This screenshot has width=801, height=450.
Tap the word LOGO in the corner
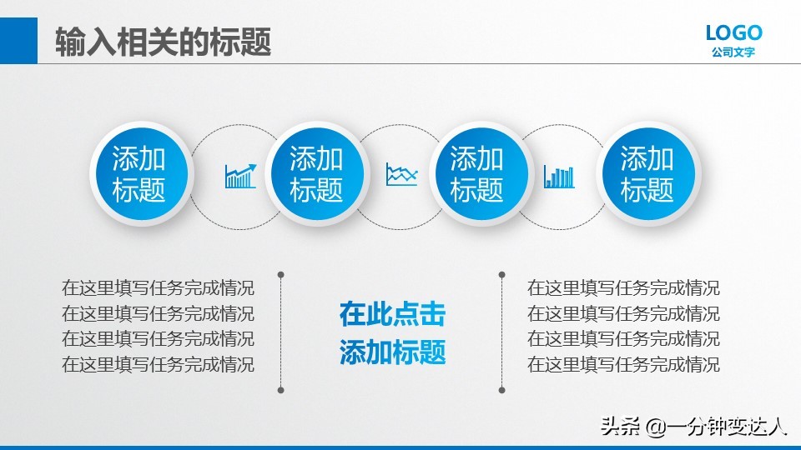point(733,33)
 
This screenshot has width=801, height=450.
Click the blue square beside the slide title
point(18,41)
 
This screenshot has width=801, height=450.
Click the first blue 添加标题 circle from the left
point(139,174)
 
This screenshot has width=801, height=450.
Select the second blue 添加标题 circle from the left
point(316,174)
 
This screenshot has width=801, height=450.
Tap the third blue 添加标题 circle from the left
point(477,174)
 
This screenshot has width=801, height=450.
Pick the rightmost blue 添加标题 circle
point(647,174)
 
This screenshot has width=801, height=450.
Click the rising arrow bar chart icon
point(240,176)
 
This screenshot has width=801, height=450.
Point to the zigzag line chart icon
point(401,175)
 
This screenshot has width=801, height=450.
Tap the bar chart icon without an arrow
point(559,176)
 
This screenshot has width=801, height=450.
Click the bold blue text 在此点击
point(392,314)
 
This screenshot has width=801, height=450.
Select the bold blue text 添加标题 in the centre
point(392,352)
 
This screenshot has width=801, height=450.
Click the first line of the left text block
point(158,288)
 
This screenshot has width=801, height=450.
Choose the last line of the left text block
point(158,364)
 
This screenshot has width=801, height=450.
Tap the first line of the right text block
point(623,288)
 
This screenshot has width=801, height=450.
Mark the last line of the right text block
point(623,364)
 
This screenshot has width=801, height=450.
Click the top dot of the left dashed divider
point(280,273)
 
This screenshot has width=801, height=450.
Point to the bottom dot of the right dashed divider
point(501,389)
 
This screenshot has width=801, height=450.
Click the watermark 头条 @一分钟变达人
point(694,427)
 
